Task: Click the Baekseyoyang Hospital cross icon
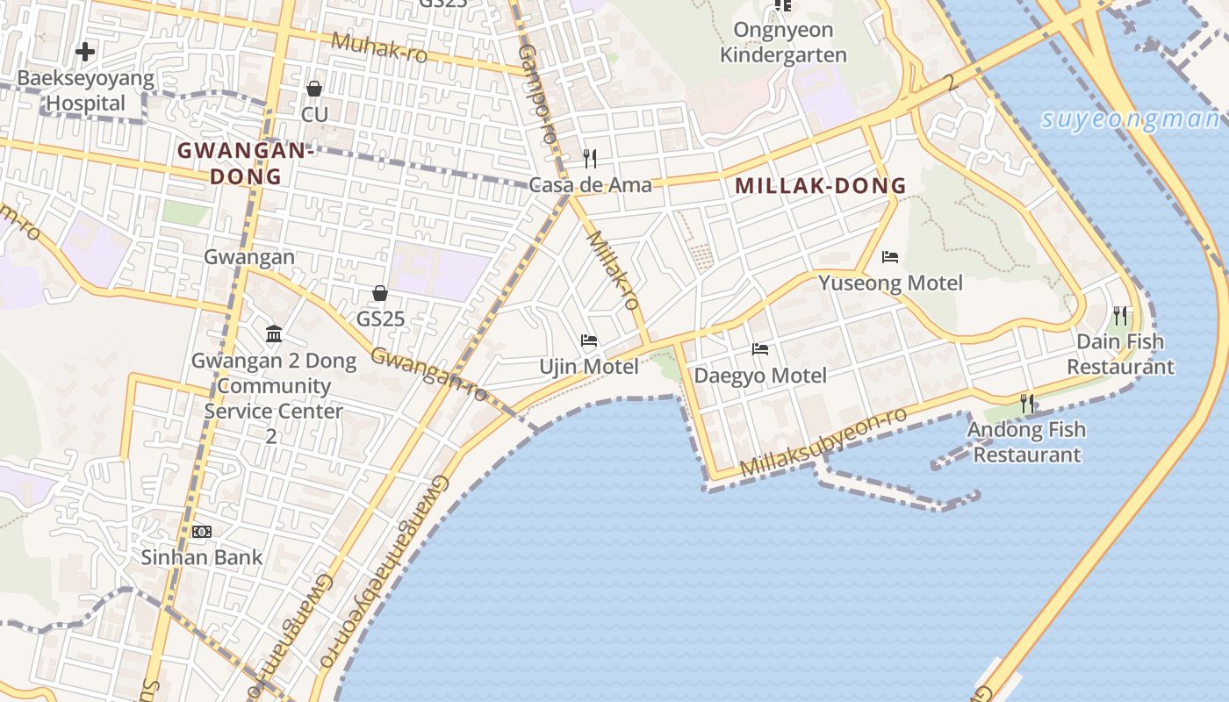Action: pyautogui.click(x=85, y=52)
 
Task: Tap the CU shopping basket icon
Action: pyautogui.click(x=314, y=89)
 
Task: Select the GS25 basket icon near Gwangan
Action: pyautogui.click(x=380, y=293)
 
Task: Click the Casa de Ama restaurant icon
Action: pyautogui.click(x=590, y=159)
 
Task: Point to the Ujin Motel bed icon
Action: pyautogui.click(x=589, y=340)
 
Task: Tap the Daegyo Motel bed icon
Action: pyautogui.click(x=760, y=349)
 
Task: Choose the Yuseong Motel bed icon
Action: pyautogui.click(x=890, y=257)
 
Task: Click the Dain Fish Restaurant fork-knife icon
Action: pyautogui.click(x=1120, y=315)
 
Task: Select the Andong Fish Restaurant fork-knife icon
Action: pyautogui.click(x=1026, y=404)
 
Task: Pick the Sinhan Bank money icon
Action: pyautogui.click(x=202, y=532)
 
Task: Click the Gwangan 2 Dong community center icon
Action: pyautogui.click(x=274, y=334)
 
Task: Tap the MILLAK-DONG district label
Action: pyautogui.click(x=820, y=186)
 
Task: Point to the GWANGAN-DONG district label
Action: pyautogui.click(x=246, y=163)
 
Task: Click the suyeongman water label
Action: pyautogui.click(x=1130, y=119)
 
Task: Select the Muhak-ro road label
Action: pyautogui.click(x=379, y=48)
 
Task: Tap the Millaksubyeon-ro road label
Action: pyautogui.click(x=823, y=442)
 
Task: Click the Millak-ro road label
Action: pyautogui.click(x=612, y=270)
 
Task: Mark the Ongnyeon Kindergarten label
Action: pyautogui.click(x=783, y=42)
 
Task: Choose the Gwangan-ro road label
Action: pyautogui.click(x=428, y=374)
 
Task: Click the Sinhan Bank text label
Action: pyautogui.click(x=202, y=557)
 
